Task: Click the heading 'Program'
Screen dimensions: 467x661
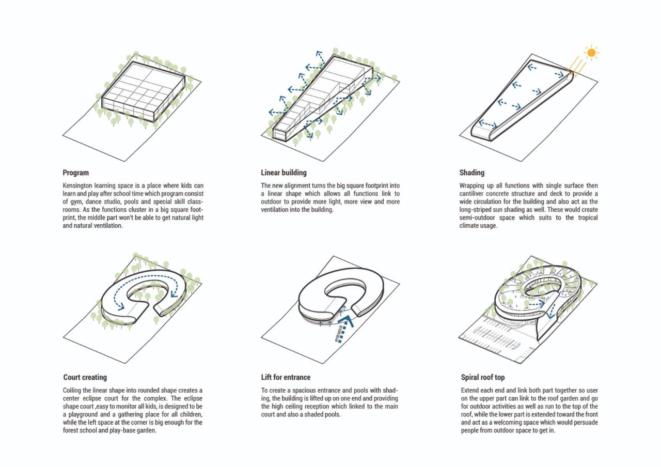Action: point(76,173)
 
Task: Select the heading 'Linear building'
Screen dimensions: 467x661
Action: point(284,173)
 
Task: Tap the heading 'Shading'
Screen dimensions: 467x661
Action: point(472,173)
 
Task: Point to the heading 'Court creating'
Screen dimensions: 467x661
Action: point(85,378)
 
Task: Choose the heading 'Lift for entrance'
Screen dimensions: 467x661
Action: point(286,378)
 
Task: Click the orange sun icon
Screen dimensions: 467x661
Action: point(591,52)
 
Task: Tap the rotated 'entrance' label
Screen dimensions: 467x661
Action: point(339,333)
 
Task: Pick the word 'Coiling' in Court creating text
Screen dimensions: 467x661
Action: point(73,391)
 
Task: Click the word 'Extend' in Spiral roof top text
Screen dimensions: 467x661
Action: point(471,391)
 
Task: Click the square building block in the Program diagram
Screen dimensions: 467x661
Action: point(143,91)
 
